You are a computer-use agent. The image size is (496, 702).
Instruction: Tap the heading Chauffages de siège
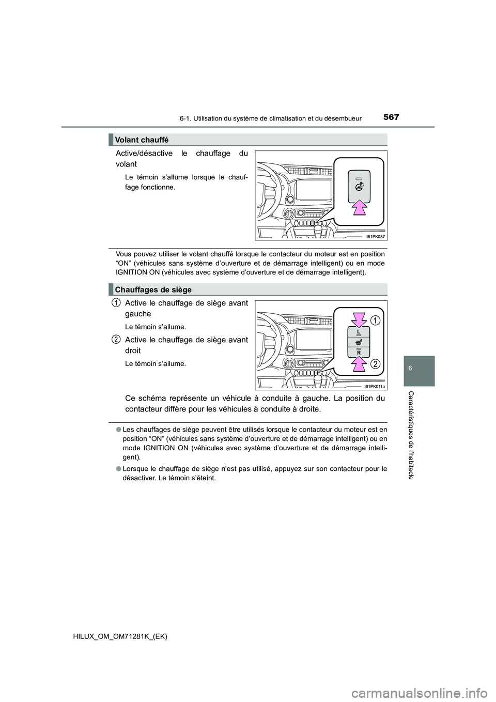pos(153,289)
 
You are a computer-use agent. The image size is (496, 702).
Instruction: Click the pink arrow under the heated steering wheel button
pos(359,207)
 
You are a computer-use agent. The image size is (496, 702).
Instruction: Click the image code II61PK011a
pos(373,385)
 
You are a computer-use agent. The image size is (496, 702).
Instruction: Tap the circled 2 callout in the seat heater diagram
pos(376,364)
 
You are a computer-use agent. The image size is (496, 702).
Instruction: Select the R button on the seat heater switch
pos(358,352)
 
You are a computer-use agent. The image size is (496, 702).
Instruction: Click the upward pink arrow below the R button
pos(358,366)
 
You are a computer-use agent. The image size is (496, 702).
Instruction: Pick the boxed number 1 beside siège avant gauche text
pos(117,302)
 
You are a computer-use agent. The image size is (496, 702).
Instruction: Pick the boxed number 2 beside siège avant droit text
pos(117,339)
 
